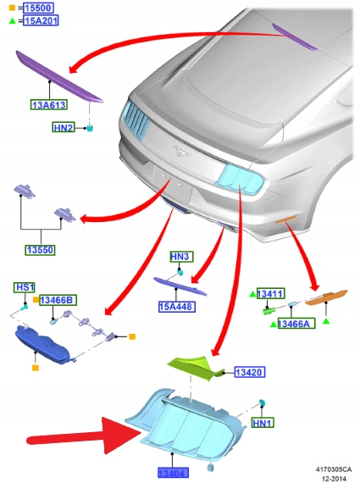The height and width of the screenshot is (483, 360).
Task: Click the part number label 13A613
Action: click(x=49, y=105)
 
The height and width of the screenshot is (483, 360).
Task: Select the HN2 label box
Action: click(x=64, y=127)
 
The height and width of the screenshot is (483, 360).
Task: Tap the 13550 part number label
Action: click(x=41, y=250)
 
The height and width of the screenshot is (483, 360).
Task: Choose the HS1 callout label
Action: click(x=25, y=287)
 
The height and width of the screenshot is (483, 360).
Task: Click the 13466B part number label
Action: click(x=58, y=300)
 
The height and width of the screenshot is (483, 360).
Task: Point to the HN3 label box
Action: click(x=181, y=257)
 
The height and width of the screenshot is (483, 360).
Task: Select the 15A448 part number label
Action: click(x=177, y=307)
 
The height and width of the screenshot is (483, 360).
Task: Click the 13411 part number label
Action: click(x=270, y=294)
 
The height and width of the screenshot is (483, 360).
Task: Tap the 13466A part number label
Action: click(x=296, y=324)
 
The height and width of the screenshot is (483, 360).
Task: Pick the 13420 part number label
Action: click(x=249, y=372)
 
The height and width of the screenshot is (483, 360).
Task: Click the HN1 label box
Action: click(x=263, y=423)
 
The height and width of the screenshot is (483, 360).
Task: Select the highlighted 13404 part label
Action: click(x=173, y=473)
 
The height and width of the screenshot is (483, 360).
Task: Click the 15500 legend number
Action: click(x=38, y=8)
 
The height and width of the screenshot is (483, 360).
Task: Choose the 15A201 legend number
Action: click(x=41, y=20)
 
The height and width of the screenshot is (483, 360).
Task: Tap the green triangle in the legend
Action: click(x=12, y=21)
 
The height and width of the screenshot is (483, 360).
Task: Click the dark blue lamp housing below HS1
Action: click(x=42, y=345)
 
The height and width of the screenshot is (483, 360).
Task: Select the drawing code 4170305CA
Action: click(x=334, y=469)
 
